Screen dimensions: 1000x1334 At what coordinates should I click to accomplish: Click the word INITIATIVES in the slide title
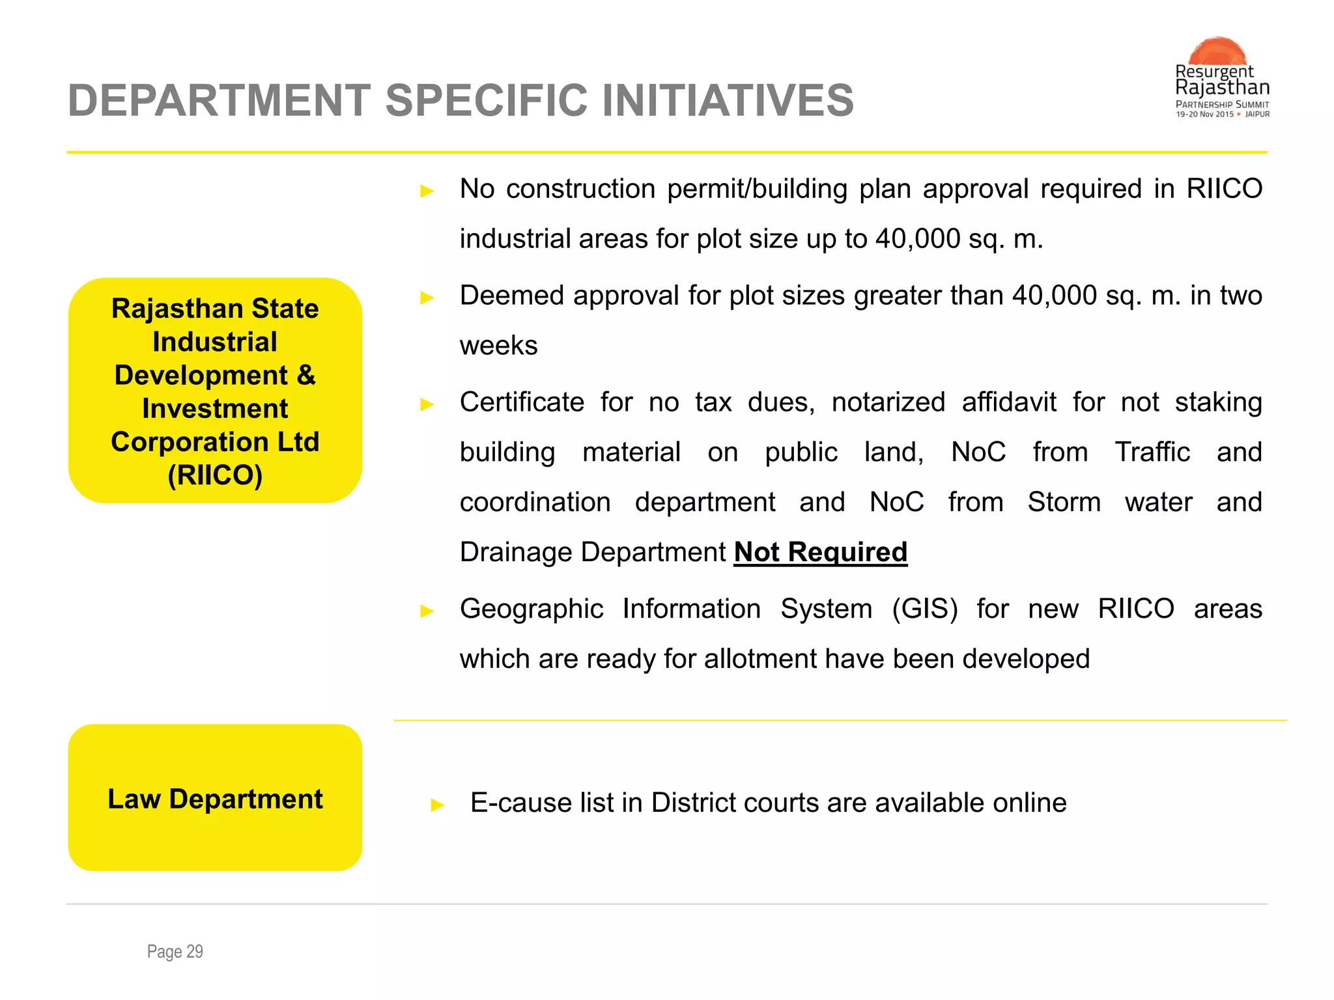tap(728, 101)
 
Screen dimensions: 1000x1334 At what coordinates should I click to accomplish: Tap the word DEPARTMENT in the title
tap(219, 101)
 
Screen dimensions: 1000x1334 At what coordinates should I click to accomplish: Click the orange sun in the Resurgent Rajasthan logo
tap(1217, 51)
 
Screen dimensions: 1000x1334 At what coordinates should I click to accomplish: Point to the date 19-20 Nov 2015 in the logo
tap(1204, 115)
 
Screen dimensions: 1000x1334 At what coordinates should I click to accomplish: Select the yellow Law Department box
tap(215, 798)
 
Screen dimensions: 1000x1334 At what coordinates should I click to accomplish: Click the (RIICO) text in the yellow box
tap(215, 475)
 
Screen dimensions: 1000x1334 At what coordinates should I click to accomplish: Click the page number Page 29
tap(175, 952)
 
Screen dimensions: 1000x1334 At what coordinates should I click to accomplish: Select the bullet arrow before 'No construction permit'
tap(427, 191)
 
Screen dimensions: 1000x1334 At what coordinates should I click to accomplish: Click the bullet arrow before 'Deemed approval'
tap(427, 298)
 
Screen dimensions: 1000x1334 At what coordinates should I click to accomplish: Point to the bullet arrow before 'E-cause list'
tap(438, 806)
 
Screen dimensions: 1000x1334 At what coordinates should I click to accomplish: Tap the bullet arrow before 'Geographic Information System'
tap(427, 611)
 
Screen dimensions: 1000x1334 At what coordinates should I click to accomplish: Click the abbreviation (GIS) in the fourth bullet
tap(924, 609)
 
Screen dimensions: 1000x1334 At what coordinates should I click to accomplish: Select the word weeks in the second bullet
tap(498, 346)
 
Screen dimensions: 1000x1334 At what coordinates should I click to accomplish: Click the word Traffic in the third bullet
tap(1152, 452)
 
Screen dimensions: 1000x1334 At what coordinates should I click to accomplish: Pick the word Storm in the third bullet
tap(1064, 503)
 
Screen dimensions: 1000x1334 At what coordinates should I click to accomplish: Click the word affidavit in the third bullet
tap(1008, 402)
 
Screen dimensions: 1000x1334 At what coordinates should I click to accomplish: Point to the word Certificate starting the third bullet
tap(522, 402)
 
